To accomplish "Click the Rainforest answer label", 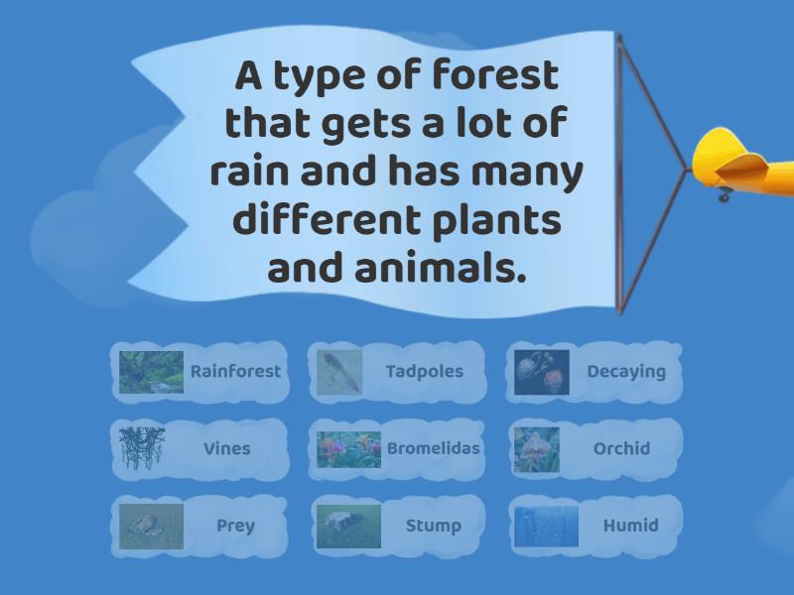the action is [x=235, y=371].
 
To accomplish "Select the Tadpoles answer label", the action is [x=425, y=371].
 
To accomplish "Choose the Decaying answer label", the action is [x=626, y=372].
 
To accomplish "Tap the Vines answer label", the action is [x=227, y=448].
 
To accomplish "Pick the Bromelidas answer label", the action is [x=434, y=448].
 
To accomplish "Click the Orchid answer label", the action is [x=621, y=448].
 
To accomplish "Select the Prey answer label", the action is [x=235, y=526].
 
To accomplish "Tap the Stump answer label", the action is [x=434, y=526].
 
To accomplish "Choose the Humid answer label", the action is [x=631, y=526].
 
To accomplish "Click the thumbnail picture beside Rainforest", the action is [x=152, y=373].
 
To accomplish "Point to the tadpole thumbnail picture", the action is [x=339, y=373].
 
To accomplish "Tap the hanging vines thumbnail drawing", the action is [x=142, y=449].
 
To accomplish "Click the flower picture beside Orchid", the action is [x=537, y=449].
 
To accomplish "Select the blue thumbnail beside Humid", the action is [x=546, y=527].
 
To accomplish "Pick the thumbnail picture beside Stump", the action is [x=348, y=527].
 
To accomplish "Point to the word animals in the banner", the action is [x=440, y=267].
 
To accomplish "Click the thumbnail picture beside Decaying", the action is [x=542, y=373].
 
